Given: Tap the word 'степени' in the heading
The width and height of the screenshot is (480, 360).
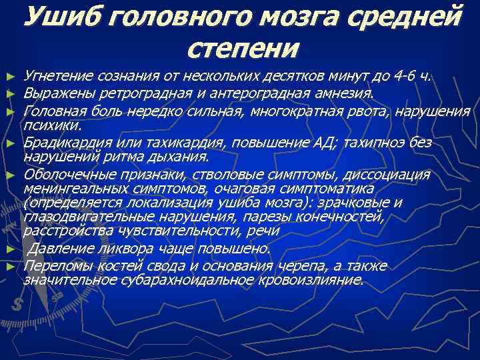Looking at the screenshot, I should tap(244, 47).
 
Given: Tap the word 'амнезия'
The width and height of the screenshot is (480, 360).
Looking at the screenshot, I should tap(343, 91).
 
